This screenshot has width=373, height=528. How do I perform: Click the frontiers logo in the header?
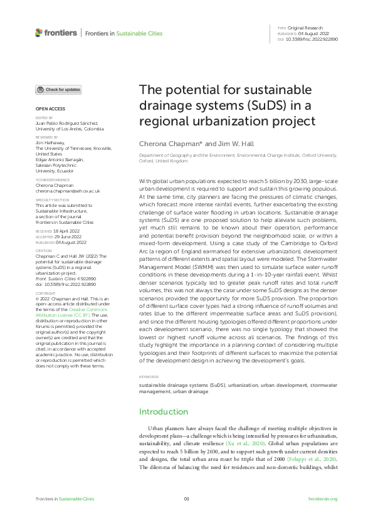point(56,32)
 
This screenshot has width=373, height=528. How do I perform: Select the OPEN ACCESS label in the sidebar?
point(48,108)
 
